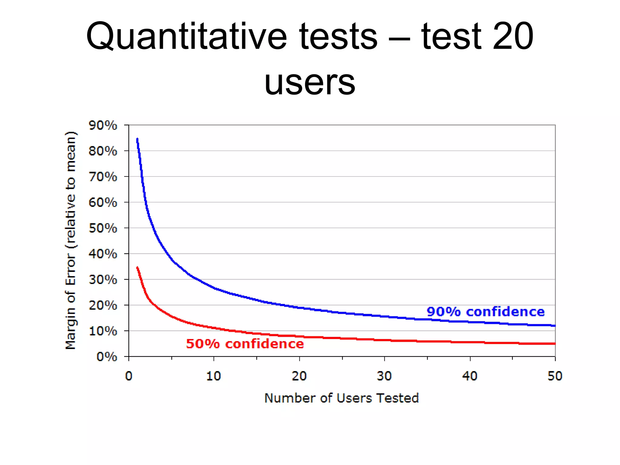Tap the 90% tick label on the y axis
coord(103,125)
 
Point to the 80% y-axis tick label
coord(103,151)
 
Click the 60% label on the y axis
coord(103,202)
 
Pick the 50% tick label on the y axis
coord(103,228)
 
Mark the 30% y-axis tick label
coord(103,279)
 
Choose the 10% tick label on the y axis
coord(103,331)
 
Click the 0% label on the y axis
coord(107,357)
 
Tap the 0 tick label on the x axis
coord(129,376)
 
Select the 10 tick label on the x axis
coord(213,376)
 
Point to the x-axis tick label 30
coord(384,376)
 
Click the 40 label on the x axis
coord(470,376)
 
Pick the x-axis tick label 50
coord(555,376)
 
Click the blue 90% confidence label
coord(485,312)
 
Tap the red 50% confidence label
coord(245,344)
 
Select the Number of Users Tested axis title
coord(341,398)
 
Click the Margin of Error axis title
coord(71,241)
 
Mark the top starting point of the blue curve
coord(137,139)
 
